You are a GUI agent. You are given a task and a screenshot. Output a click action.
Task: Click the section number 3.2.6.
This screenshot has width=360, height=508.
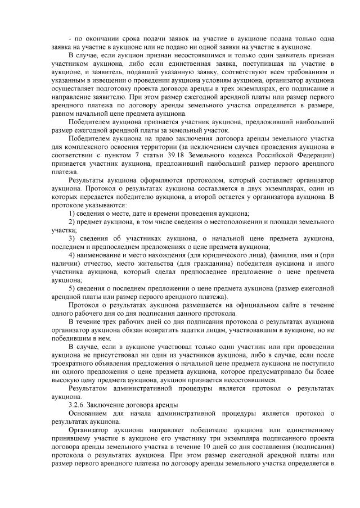pyautogui.click(x=76, y=405)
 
